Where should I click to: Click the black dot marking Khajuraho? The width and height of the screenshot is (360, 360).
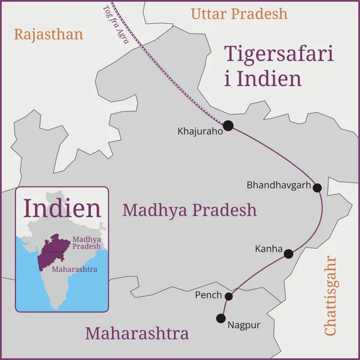(x=228, y=126)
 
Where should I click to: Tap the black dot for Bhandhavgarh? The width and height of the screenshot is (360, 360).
(x=317, y=188)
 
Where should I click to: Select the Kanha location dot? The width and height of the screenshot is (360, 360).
(x=289, y=254)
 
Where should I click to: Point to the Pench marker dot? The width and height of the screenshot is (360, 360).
(x=229, y=296)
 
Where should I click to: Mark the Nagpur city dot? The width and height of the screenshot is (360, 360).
(x=221, y=318)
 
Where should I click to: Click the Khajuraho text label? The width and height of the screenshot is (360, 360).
(x=199, y=132)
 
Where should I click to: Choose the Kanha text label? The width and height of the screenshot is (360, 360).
(x=269, y=249)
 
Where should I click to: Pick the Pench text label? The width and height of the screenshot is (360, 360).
(x=208, y=296)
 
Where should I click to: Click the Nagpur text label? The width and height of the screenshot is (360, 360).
(x=244, y=325)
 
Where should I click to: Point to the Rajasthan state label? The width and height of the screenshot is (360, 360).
(x=49, y=34)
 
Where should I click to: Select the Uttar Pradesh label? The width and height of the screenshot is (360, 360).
(x=239, y=14)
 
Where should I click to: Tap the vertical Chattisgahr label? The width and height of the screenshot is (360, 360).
(x=331, y=296)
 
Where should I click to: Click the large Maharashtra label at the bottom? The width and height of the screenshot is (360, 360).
(x=137, y=334)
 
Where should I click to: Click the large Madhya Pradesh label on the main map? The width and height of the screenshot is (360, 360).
(x=190, y=210)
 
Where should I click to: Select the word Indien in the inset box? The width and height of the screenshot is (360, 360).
(x=63, y=208)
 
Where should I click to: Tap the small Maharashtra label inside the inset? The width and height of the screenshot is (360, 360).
(x=74, y=270)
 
